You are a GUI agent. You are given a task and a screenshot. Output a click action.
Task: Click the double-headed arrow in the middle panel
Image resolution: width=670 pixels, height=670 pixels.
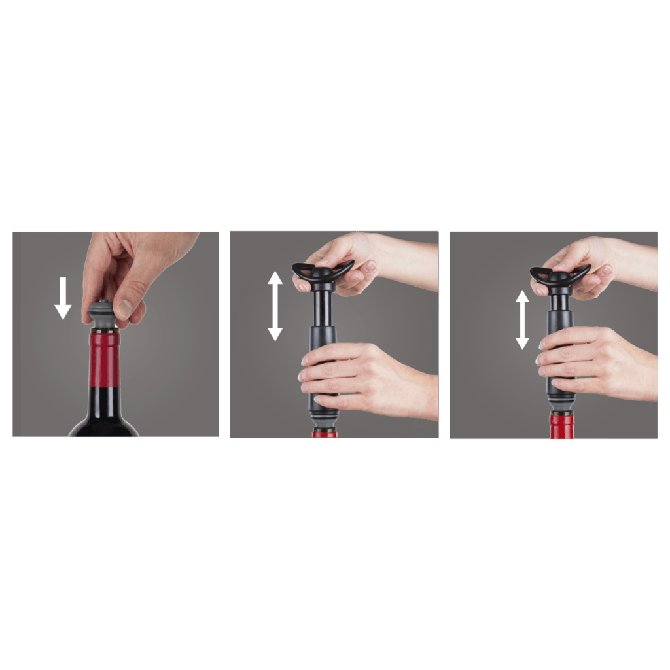click(x=275, y=306)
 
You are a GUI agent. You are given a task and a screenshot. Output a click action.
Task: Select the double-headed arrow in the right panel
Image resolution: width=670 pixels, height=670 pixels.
click(x=522, y=319)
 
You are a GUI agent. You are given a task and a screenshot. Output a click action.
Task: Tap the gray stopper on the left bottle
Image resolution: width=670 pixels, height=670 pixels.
click(x=101, y=315)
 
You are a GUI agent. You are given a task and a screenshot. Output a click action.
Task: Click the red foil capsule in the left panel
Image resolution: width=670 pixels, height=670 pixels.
click(x=104, y=360)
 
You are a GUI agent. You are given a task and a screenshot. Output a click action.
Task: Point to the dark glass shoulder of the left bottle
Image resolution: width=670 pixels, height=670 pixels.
click(x=104, y=419)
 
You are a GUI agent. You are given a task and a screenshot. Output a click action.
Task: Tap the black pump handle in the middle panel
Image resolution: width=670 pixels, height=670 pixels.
click(x=323, y=272)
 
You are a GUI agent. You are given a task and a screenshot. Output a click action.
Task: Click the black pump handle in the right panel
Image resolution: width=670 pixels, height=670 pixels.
click(x=560, y=275)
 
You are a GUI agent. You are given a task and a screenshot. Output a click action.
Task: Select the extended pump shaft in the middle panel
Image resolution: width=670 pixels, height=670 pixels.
click(x=323, y=308)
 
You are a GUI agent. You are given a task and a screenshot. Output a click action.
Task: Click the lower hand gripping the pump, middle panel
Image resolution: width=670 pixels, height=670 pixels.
click(x=366, y=379)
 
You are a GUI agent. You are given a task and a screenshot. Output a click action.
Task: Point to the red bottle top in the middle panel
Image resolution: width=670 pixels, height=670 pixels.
click(x=325, y=433)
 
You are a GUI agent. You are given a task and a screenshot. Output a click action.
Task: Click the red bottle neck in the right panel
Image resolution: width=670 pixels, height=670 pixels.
click(x=561, y=427)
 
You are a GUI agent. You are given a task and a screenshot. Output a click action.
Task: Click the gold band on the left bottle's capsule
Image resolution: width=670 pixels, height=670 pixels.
click(x=105, y=331)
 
